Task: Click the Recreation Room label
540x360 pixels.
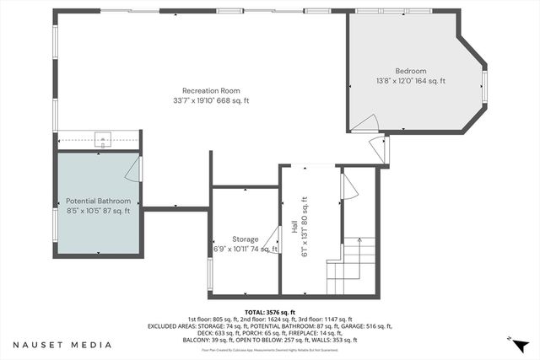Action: pos(211,90)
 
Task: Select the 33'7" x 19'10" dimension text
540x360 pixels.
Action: pos(211,100)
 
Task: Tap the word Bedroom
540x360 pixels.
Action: pos(410,71)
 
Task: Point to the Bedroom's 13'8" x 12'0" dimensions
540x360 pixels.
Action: pos(410,81)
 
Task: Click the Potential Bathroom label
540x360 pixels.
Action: pos(99,201)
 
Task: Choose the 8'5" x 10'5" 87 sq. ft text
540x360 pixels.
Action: pos(99,212)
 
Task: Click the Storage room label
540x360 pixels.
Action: pos(246,239)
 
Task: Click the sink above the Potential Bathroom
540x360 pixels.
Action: pos(103,139)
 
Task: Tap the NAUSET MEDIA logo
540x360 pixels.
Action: pos(62,345)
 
